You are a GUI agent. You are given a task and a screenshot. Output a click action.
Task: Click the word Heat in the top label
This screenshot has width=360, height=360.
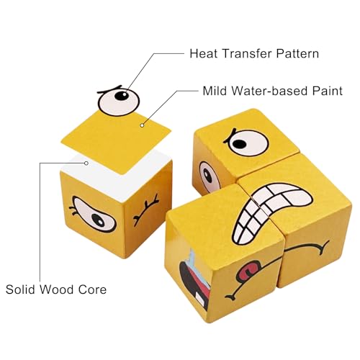click(x=204, y=53)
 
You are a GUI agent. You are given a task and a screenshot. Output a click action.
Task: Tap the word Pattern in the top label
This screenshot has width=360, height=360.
click(x=297, y=53)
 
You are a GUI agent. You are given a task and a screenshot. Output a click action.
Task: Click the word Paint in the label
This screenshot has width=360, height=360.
click(x=328, y=91)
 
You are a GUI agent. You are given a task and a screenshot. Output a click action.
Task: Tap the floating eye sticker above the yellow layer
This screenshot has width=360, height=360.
click(x=119, y=101)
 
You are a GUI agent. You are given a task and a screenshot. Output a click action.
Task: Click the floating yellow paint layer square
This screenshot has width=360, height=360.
click(x=116, y=142)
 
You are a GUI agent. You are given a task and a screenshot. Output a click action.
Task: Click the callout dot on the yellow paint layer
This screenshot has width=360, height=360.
click(x=142, y=125)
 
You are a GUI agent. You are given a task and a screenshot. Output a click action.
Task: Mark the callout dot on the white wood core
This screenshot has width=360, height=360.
click(x=86, y=163)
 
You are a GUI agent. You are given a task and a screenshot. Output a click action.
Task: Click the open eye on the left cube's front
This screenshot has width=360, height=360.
click(x=94, y=215)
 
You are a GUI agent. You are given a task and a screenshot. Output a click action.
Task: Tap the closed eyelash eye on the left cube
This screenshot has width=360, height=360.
click(x=146, y=210)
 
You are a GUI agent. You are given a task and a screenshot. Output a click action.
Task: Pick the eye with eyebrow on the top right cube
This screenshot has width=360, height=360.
click(x=246, y=142)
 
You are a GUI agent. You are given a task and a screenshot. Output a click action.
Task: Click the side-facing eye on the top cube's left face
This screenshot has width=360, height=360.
click(x=209, y=176)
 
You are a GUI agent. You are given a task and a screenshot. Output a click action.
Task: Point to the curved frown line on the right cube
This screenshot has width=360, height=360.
click(x=307, y=247)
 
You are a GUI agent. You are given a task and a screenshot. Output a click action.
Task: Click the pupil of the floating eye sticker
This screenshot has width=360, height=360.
click(x=122, y=96)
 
